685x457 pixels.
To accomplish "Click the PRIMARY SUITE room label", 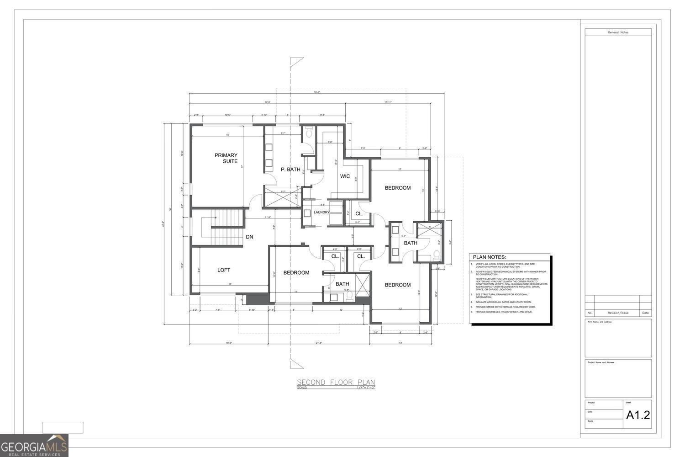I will (226, 158).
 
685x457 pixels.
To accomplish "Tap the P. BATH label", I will (290, 170).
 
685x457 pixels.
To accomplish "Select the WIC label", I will (345, 176).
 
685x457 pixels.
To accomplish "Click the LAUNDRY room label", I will (321, 212).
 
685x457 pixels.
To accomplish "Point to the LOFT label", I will (224, 270).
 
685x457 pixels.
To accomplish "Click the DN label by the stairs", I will (249, 237).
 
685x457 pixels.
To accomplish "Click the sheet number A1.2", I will (638, 415).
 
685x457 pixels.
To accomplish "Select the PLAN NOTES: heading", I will (489, 257).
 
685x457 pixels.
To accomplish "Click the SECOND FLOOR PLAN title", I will (336, 382).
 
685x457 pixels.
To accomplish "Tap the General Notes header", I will (618, 32).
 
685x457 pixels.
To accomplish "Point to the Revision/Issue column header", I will (618, 313).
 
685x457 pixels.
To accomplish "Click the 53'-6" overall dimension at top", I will (317, 92).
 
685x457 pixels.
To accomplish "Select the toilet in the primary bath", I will (308, 133).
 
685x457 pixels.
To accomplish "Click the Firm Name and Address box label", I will (600, 322).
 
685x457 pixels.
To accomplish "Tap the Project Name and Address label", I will (601, 362).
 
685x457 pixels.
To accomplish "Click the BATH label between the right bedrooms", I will (411, 243).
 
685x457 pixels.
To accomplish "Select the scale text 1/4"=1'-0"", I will (365, 388).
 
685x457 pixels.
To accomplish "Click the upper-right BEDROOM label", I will (397, 188).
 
